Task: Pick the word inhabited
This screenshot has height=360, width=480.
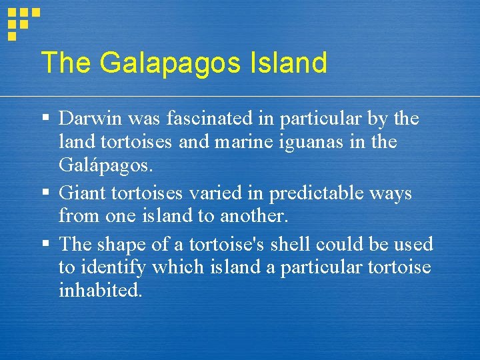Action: click(100, 291)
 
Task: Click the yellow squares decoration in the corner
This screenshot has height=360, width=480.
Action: click(23, 21)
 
